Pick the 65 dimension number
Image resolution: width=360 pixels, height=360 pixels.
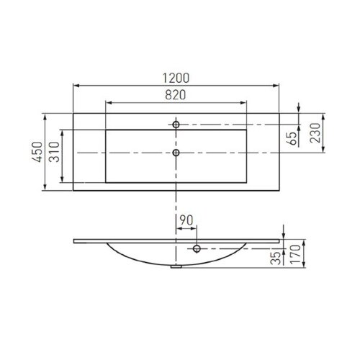pos(292,139)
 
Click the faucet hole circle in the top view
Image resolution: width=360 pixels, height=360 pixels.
pos(176,125)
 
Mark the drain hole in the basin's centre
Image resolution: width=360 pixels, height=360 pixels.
pos(176,153)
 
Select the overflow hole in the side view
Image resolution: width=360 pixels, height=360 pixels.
pos(195,249)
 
